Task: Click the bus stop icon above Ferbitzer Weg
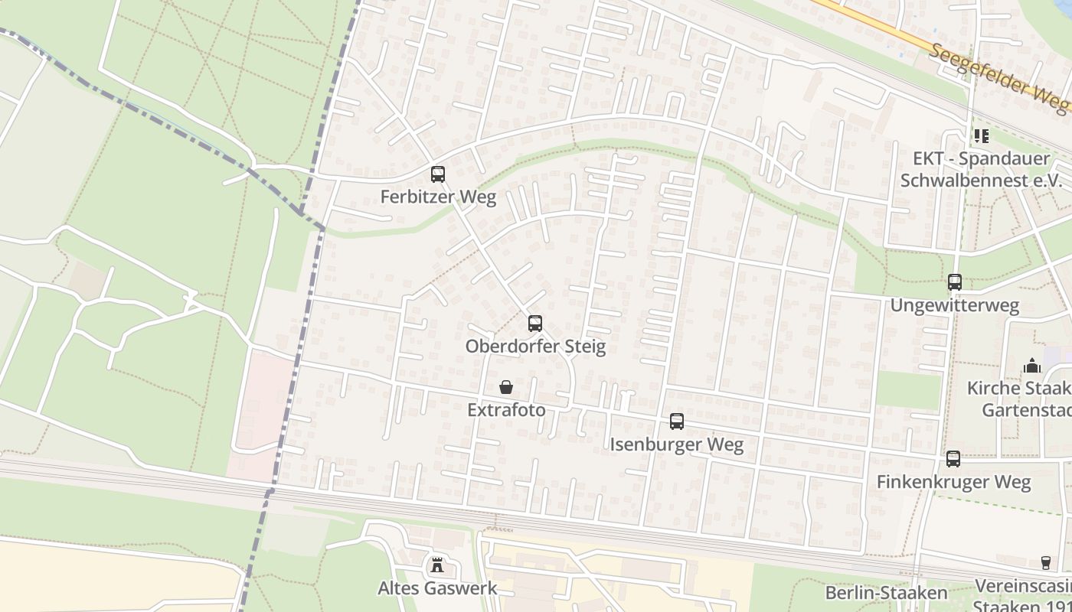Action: (x=437, y=174)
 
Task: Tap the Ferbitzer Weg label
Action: (x=438, y=197)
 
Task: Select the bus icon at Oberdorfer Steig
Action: (x=534, y=324)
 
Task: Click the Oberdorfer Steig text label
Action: (x=535, y=347)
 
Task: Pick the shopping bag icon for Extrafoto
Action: (x=506, y=387)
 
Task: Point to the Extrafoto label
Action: (x=506, y=410)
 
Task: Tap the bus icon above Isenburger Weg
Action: (x=676, y=422)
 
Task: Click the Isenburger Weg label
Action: (x=676, y=444)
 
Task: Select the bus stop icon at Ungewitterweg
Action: (x=954, y=282)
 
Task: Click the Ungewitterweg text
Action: (x=954, y=305)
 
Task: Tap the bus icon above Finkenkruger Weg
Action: (x=953, y=459)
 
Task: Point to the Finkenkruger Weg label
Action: (x=953, y=482)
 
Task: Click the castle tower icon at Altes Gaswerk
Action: (x=437, y=565)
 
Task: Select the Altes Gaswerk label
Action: (x=437, y=588)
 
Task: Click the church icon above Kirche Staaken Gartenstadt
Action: (x=1031, y=366)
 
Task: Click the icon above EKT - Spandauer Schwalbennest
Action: (x=981, y=136)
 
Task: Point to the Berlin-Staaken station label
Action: (x=886, y=593)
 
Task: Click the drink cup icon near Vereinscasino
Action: (x=1046, y=563)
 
